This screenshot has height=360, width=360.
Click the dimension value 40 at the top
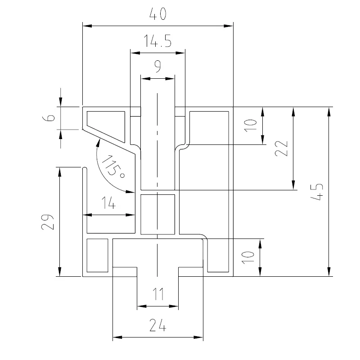click(x=158, y=14)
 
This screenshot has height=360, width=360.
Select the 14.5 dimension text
click(x=157, y=41)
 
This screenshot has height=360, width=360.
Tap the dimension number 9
click(x=158, y=66)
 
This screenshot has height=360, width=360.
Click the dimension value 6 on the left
click(x=49, y=117)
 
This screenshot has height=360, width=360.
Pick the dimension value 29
click(x=48, y=222)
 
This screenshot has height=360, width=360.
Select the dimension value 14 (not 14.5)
click(x=108, y=203)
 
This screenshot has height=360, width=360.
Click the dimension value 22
click(x=281, y=148)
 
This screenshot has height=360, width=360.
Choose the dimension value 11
click(x=158, y=294)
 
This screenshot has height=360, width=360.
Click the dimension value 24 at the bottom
click(x=157, y=325)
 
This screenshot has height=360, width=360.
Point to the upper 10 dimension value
click(x=250, y=126)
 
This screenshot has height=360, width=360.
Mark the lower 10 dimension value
click(x=248, y=257)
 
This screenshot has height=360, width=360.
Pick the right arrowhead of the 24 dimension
click(x=198, y=337)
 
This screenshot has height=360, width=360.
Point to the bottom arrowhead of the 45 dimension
click(x=329, y=272)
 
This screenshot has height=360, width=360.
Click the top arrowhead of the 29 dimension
click(x=60, y=172)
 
